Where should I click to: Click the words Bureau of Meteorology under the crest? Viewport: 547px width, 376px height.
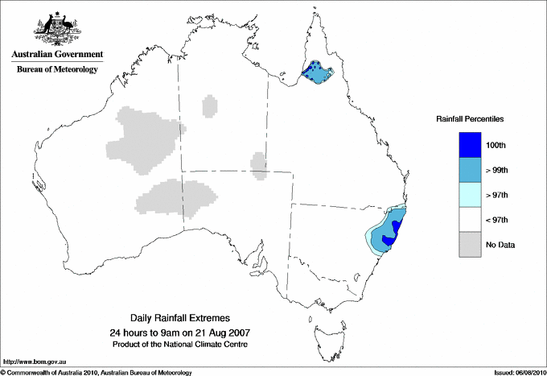[x=57, y=70]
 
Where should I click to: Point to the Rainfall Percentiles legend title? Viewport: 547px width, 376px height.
[x=470, y=119]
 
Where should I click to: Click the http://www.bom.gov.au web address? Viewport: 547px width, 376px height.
[x=35, y=363]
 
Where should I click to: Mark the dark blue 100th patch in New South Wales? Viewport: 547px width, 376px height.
[x=389, y=239]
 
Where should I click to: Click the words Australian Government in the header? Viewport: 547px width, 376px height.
[x=57, y=55]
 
